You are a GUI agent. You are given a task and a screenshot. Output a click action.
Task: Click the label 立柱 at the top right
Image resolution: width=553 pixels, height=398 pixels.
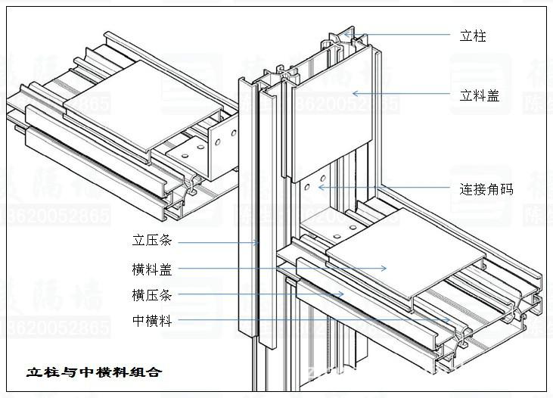473,36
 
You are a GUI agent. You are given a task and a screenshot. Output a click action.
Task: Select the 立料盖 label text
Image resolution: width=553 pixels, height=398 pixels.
480,95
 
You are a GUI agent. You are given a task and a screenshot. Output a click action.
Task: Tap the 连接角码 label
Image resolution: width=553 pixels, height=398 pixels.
486,189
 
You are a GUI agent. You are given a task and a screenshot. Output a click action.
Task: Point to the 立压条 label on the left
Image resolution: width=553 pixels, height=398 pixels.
152,241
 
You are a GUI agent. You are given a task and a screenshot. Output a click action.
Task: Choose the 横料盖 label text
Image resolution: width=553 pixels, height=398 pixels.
152,269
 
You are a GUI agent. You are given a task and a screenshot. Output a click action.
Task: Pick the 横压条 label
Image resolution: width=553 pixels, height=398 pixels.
152,295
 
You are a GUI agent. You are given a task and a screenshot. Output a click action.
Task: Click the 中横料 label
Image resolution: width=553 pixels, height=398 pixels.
152,322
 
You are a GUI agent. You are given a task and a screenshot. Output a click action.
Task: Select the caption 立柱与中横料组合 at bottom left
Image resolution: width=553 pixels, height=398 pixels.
94,372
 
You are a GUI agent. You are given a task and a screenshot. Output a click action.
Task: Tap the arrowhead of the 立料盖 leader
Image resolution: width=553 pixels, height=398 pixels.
353,94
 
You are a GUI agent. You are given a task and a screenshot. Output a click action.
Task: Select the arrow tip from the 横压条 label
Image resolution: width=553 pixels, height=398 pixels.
344,294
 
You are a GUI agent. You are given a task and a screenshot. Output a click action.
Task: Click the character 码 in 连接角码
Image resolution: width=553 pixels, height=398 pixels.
506,189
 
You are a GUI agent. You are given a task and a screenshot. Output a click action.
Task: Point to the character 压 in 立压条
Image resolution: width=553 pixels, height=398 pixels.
152,241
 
